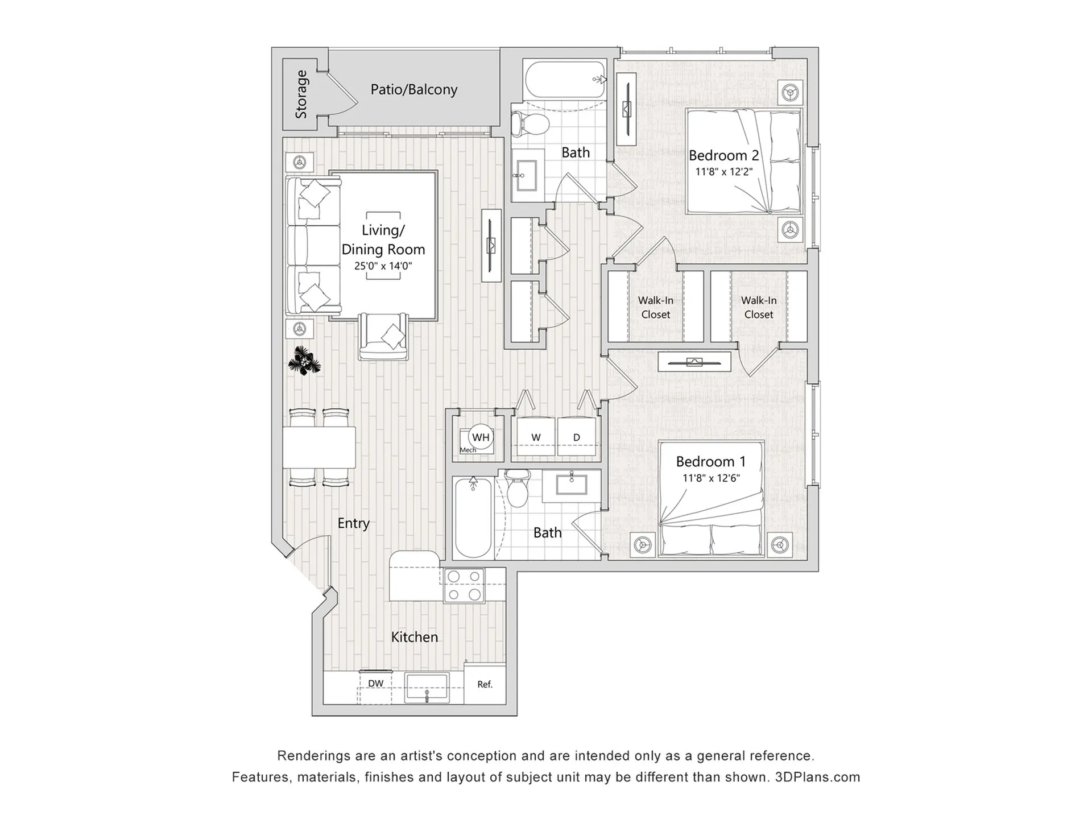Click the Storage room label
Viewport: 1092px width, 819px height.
point(301,94)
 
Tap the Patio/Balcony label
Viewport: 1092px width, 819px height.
point(413,89)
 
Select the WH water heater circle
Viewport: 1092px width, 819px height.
point(481,437)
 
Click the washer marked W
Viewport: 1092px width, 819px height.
point(535,437)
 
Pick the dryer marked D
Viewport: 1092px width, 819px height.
point(577,437)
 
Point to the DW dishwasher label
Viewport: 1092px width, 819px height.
point(375,684)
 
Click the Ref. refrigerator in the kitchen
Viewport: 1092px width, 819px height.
point(485,684)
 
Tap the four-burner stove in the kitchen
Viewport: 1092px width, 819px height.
point(464,585)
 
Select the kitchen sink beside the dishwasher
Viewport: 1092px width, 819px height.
point(427,687)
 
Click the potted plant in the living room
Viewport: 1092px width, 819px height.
point(304,361)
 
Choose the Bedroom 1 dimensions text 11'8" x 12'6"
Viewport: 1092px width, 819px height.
point(710,478)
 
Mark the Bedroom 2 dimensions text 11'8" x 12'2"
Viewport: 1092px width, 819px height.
point(723,172)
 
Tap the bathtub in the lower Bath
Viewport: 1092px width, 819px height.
point(473,518)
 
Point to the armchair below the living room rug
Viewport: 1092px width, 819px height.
point(383,337)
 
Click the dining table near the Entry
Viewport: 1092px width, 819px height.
point(319,447)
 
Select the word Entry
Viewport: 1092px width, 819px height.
point(353,523)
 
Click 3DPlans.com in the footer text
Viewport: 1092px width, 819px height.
point(817,777)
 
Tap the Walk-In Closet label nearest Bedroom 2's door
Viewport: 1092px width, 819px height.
point(655,307)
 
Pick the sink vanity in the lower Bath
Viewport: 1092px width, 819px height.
point(571,486)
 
